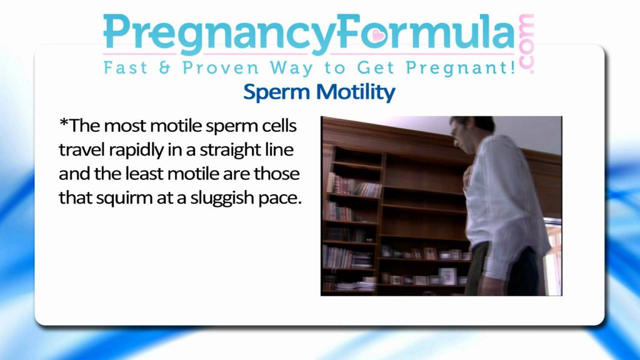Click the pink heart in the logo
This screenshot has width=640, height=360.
pyautogui.click(x=378, y=36)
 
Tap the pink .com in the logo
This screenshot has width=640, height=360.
pyautogui.click(x=526, y=44)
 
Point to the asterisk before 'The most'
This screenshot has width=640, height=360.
pyautogui.click(x=64, y=122)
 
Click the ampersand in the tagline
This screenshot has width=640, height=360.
pyautogui.click(x=164, y=67)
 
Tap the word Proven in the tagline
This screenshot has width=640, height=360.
pyautogui.click(x=221, y=67)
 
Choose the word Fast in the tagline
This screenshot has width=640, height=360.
pyautogui.click(x=125, y=67)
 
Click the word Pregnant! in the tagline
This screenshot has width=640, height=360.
pyautogui.click(x=461, y=67)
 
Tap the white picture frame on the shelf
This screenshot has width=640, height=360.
pyautogui.click(x=447, y=276)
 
